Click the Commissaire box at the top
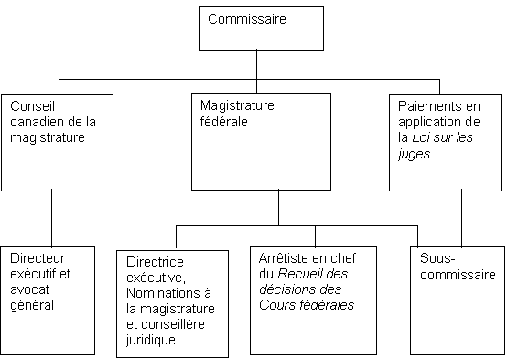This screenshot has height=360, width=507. [x=261, y=29]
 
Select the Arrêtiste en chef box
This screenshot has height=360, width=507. [x=313, y=300]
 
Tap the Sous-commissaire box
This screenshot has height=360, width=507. [x=458, y=300]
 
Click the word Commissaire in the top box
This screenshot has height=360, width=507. [x=247, y=18]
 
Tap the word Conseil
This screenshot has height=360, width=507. [x=27, y=105]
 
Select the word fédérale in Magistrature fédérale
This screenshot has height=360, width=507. [x=225, y=121]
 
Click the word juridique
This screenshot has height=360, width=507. [x=150, y=339]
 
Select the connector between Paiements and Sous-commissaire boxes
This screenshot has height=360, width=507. [x=461, y=218]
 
